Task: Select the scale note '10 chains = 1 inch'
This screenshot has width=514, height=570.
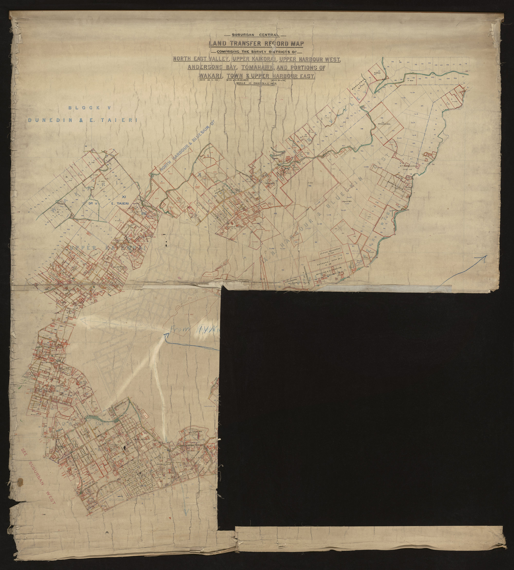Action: click(x=257, y=84)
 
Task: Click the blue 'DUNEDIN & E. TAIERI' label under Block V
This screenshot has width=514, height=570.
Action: click(x=83, y=120)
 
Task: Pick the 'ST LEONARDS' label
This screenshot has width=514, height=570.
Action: click(x=408, y=166)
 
